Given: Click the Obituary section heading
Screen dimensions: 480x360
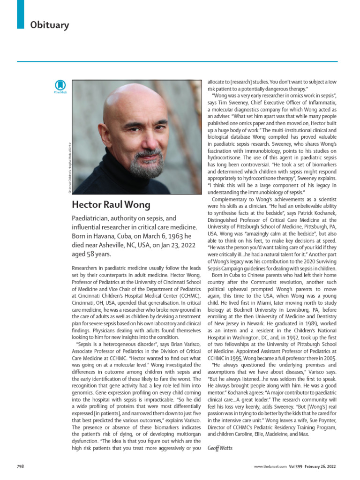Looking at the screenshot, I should point(50,25).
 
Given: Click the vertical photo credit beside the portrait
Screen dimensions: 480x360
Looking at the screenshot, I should point(69,166).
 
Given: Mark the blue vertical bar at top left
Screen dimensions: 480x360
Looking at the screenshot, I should point(20,14).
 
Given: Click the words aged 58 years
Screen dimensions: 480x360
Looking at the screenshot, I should point(92,254).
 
